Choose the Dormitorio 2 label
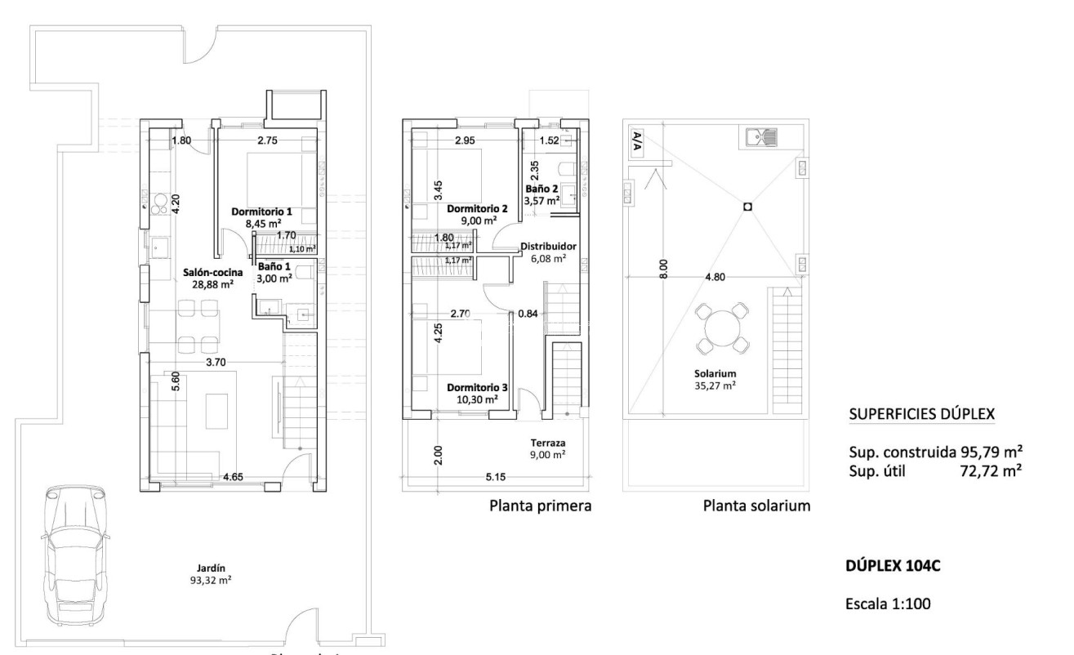(x=478, y=214)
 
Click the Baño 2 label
(x=541, y=193)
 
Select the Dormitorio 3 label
(x=478, y=393)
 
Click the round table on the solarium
(x=721, y=327)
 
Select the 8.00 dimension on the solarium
(x=663, y=269)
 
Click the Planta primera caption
(x=540, y=506)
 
